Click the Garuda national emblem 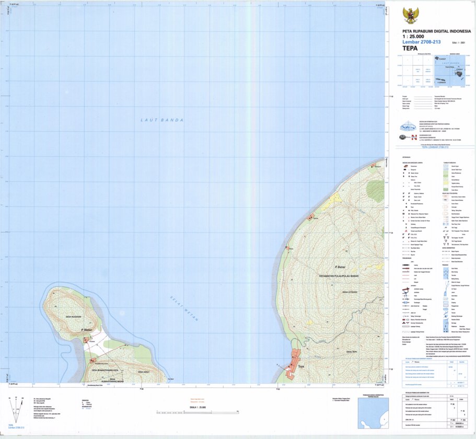[411, 15]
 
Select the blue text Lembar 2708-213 [422, 41]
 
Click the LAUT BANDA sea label [162, 120]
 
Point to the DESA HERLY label [144, 372]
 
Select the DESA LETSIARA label [347, 292]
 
